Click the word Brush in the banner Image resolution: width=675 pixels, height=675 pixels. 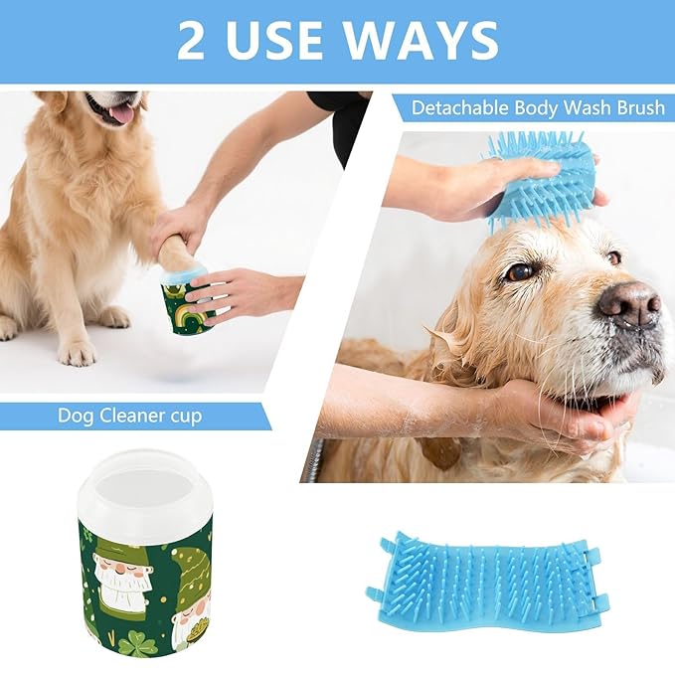click(x=635, y=106)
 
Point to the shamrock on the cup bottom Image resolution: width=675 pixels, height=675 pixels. click(x=138, y=645)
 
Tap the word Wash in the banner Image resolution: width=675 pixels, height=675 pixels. click(x=584, y=106)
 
